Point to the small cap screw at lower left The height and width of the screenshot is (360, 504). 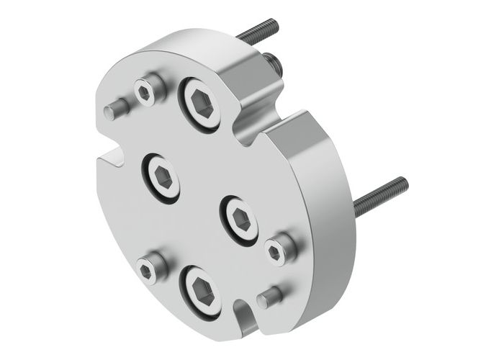pyautogui.click(x=148, y=269)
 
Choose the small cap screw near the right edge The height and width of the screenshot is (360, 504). pyautogui.click(x=276, y=250)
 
